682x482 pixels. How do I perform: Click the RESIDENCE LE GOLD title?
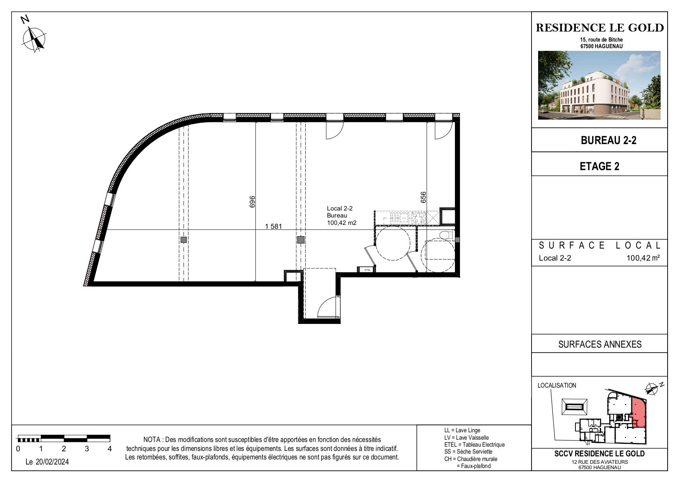(x=600, y=28)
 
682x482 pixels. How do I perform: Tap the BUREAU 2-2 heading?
(x=609, y=140)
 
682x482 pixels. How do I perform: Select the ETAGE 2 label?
(x=600, y=166)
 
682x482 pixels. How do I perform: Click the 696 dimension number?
(x=252, y=202)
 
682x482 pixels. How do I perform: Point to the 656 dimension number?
(x=423, y=197)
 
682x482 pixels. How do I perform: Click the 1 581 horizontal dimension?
(x=273, y=226)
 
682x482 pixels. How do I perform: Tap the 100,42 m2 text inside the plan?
(x=341, y=223)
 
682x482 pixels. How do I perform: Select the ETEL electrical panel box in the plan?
(x=367, y=269)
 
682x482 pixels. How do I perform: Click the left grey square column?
(x=184, y=240)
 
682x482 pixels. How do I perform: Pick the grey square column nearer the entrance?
(x=301, y=240)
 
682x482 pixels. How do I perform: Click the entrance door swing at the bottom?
(x=329, y=307)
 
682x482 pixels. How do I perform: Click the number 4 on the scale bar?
(x=110, y=449)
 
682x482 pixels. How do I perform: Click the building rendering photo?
(x=599, y=85)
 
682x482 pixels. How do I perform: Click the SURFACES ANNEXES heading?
(x=600, y=344)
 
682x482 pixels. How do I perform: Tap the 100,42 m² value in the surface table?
(x=643, y=258)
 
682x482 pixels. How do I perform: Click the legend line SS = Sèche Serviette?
(x=468, y=452)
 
